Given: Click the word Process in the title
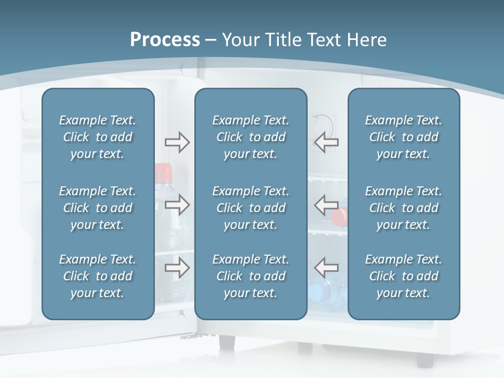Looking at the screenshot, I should click(165, 40).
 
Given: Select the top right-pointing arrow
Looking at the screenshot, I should click(177, 142).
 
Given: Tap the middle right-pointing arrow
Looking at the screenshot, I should click(177, 205).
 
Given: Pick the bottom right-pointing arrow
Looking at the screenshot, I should click(177, 268).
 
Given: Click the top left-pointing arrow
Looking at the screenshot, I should click(327, 142).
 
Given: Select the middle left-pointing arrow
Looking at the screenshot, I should click(327, 205).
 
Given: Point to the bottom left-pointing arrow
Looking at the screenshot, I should click(327, 268).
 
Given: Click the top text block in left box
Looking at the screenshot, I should click(98, 137).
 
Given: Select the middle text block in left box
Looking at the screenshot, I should click(98, 208).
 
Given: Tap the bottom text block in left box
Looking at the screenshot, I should click(98, 276).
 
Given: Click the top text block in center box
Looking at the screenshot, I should click(250, 137).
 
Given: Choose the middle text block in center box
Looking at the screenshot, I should click(250, 208).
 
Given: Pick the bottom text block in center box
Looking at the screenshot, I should click(250, 276).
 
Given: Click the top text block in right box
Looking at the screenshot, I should click(403, 137).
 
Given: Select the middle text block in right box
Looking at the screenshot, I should click(403, 208).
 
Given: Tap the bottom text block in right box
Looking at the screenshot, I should click(403, 276).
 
